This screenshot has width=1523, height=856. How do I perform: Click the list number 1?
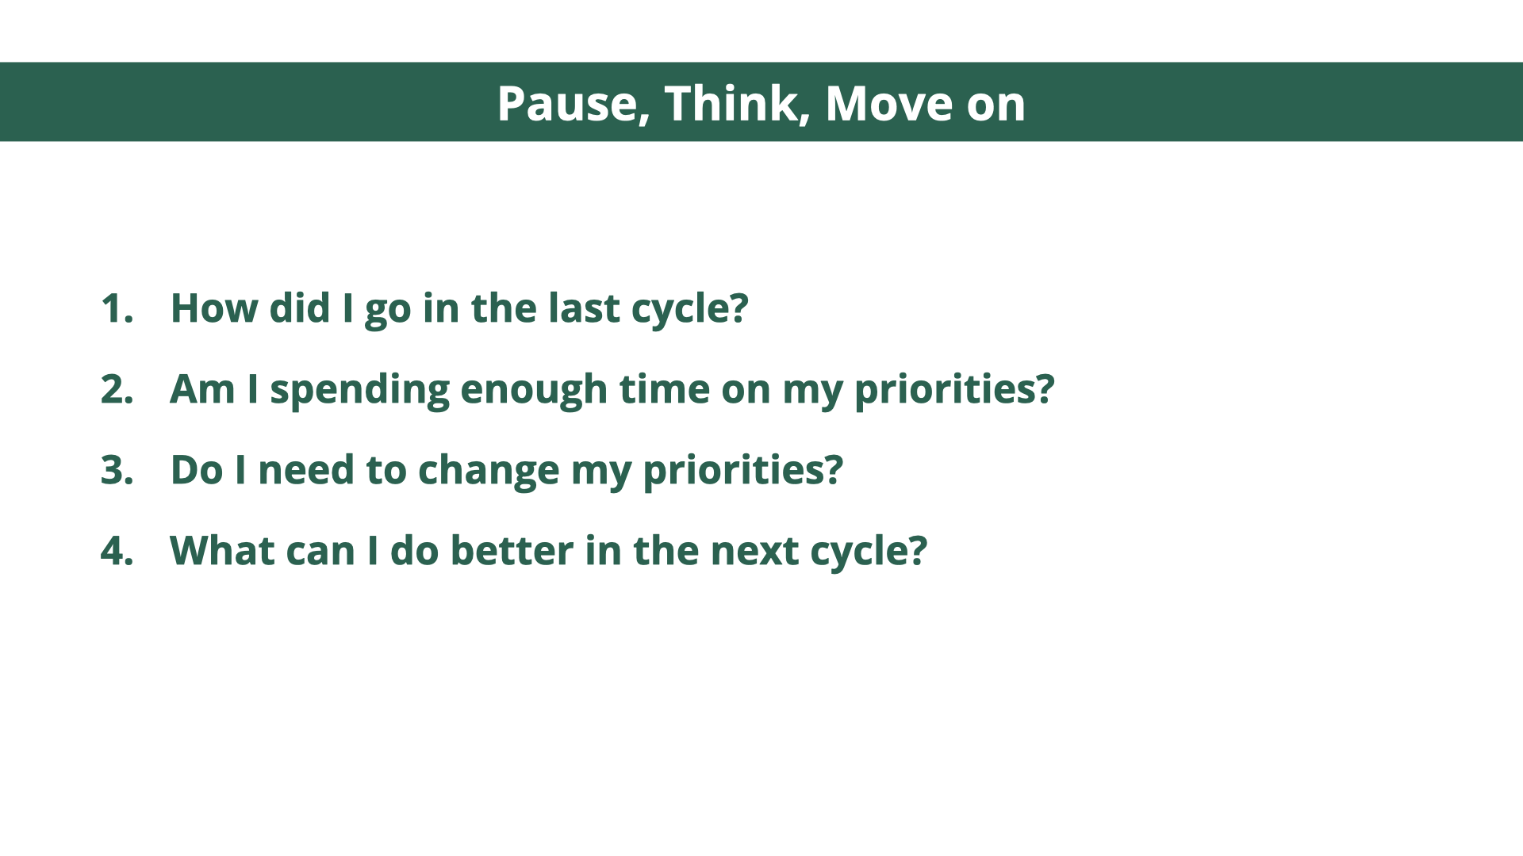tap(117, 308)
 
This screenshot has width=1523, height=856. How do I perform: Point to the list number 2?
tap(117, 389)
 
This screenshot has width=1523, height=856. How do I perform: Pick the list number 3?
tap(117, 470)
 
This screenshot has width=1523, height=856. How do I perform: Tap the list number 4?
tap(117, 551)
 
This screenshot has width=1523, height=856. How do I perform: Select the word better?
tap(512, 551)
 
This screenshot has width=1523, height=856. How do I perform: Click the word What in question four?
tap(222, 551)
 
